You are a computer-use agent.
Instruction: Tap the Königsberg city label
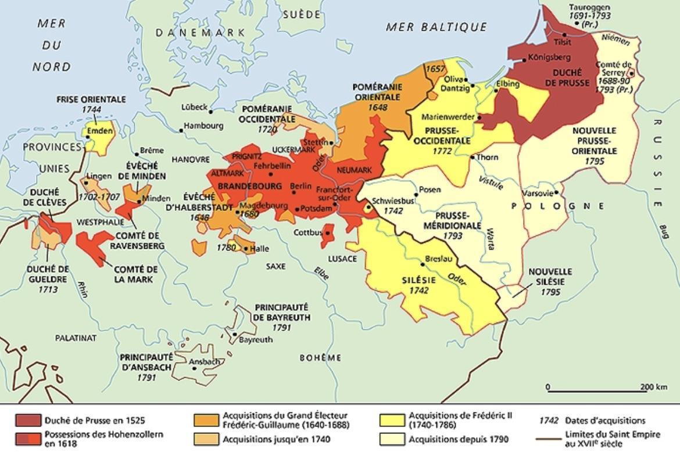(549, 58)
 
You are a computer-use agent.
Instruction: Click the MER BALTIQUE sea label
(436, 27)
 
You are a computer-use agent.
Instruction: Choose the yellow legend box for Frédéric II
(391, 421)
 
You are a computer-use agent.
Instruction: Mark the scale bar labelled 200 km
(596, 391)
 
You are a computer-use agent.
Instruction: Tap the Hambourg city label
(203, 125)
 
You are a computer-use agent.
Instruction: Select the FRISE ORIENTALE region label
(91, 99)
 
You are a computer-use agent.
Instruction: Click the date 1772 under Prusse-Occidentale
(442, 150)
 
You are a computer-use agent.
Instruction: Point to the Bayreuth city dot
(234, 334)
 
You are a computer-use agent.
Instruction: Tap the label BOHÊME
(320, 358)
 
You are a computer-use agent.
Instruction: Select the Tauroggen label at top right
(589, 8)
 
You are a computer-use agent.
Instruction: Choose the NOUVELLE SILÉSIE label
(550, 277)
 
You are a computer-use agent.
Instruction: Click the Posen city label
(430, 190)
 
